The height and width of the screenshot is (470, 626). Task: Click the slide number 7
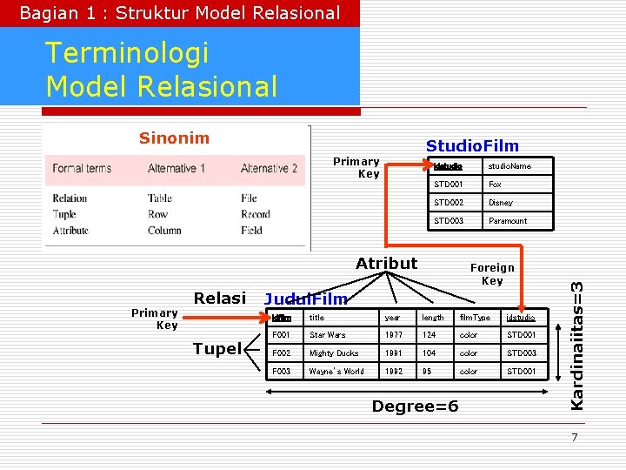pyautogui.click(x=575, y=437)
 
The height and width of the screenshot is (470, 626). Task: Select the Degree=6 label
pyautogui.click(x=415, y=406)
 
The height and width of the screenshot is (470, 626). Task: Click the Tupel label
pyautogui.click(x=216, y=349)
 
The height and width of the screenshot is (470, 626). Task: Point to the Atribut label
pyautogui.click(x=386, y=263)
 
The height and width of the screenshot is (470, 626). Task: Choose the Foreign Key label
pyautogui.click(x=492, y=274)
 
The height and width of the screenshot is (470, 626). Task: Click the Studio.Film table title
pyautogui.click(x=471, y=146)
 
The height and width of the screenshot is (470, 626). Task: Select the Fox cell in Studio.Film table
pyautogui.click(x=495, y=185)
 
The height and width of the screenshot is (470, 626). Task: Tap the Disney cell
pyautogui.click(x=500, y=203)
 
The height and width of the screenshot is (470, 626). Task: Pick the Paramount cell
pyautogui.click(x=507, y=221)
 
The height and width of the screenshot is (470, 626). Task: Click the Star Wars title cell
pyautogui.click(x=327, y=335)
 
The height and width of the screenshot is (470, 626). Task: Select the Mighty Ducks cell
pyautogui.click(x=334, y=353)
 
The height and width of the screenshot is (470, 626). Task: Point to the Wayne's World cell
pyautogui.click(x=336, y=372)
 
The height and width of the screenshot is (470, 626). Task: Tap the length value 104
pyautogui.click(x=430, y=353)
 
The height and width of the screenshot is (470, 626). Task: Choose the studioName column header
pyautogui.click(x=509, y=166)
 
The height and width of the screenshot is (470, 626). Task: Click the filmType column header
pyautogui.click(x=475, y=318)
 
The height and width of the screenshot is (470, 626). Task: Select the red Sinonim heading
pyautogui.click(x=174, y=138)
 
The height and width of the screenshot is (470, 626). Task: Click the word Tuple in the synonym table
pyautogui.click(x=64, y=214)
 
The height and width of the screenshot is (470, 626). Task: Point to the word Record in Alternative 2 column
pyautogui.click(x=255, y=214)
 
